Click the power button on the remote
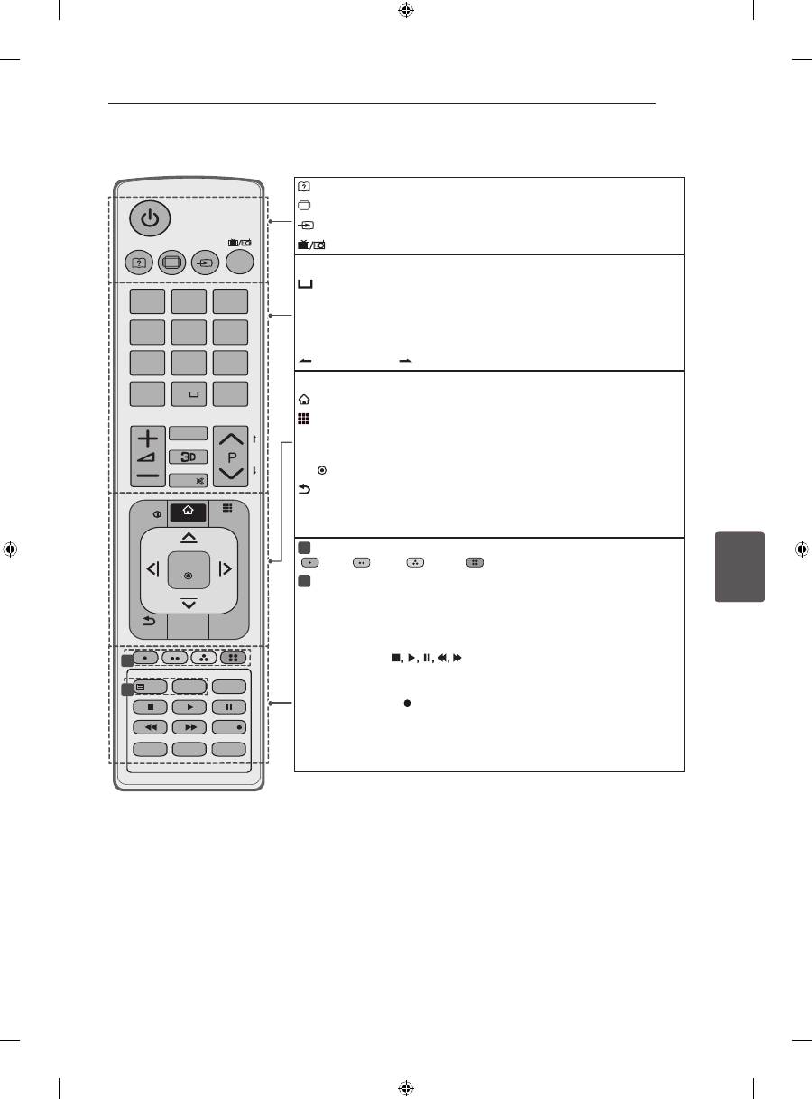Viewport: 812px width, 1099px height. coord(150,218)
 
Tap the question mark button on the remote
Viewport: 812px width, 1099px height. coord(139,263)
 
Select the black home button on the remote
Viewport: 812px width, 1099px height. coord(189,513)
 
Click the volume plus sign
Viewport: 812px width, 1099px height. coord(148,439)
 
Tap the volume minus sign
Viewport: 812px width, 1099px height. coord(148,476)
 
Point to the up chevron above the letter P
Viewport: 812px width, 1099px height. coord(231,439)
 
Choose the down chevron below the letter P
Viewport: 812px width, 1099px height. coord(231,474)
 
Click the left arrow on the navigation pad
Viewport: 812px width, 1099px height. coord(153,568)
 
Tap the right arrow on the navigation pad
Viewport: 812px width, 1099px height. coord(225,568)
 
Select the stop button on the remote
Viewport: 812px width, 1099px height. coord(150,707)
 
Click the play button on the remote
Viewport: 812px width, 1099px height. coord(189,707)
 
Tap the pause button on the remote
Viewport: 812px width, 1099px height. coord(229,707)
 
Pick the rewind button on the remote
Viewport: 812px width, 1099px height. coord(150,727)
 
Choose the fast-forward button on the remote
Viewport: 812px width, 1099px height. coord(189,727)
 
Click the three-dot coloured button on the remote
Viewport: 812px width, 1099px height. coord(204,658)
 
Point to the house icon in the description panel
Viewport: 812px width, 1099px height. coord(304,400)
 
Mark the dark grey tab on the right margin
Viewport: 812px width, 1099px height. coord(740,567)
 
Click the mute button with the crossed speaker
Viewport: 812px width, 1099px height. coord(189,481)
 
